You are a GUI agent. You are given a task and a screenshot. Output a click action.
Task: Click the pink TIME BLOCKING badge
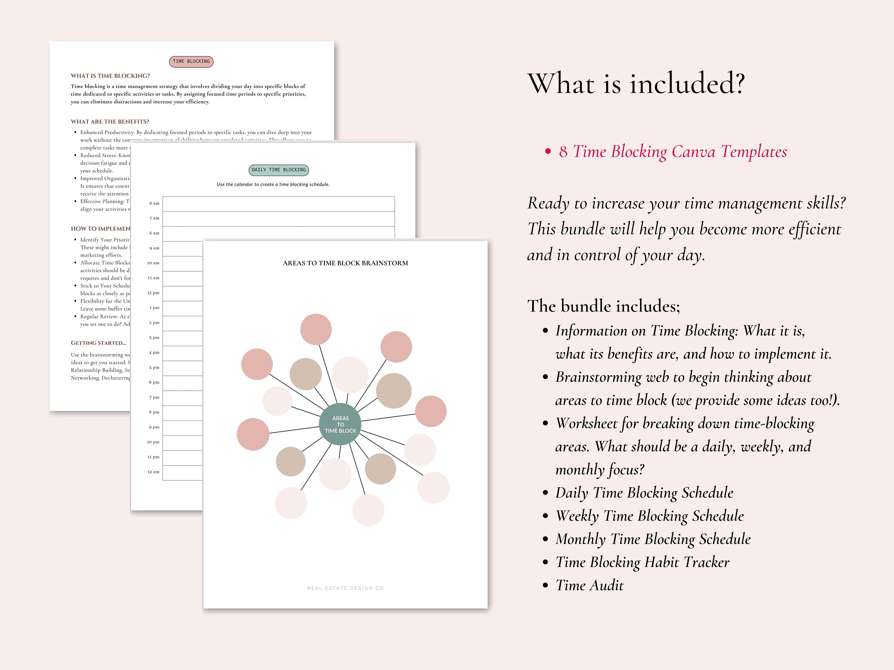tap(191, 61)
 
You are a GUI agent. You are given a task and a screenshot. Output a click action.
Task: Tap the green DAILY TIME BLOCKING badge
tap(278, 170)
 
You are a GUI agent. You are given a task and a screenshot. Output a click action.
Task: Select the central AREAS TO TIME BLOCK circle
tap(340, 424)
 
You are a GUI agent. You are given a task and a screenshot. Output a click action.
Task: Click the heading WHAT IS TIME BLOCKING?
tap(110, 76)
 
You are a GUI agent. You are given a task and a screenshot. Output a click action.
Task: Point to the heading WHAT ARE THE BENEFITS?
tap(110, 121)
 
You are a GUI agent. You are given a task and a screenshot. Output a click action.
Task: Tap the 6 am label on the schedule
tap(154, 203)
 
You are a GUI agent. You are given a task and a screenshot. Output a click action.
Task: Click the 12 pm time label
tap(153, 293)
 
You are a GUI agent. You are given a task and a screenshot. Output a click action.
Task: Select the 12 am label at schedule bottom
tap(153, 472)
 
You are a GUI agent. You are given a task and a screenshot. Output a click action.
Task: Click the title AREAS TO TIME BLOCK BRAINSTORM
tap(345, 263)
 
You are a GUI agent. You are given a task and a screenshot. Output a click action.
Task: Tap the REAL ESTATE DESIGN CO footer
tap(345, 588)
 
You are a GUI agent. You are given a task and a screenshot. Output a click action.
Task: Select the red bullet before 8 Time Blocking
tap(548, 152)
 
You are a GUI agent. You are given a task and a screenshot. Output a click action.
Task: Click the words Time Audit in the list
tap(589, 585)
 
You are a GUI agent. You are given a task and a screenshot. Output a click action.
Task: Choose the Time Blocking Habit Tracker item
tap(642, 562)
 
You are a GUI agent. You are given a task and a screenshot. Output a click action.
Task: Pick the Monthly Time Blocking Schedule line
tap(653, 539)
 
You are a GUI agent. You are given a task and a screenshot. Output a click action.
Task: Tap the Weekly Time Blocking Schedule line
tap(649, 516)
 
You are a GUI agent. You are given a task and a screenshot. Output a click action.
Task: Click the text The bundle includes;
tap(603, 306)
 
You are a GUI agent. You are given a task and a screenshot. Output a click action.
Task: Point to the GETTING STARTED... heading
tap(99, 343)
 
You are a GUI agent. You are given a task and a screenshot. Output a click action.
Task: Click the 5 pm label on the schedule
tap(154, 367)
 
